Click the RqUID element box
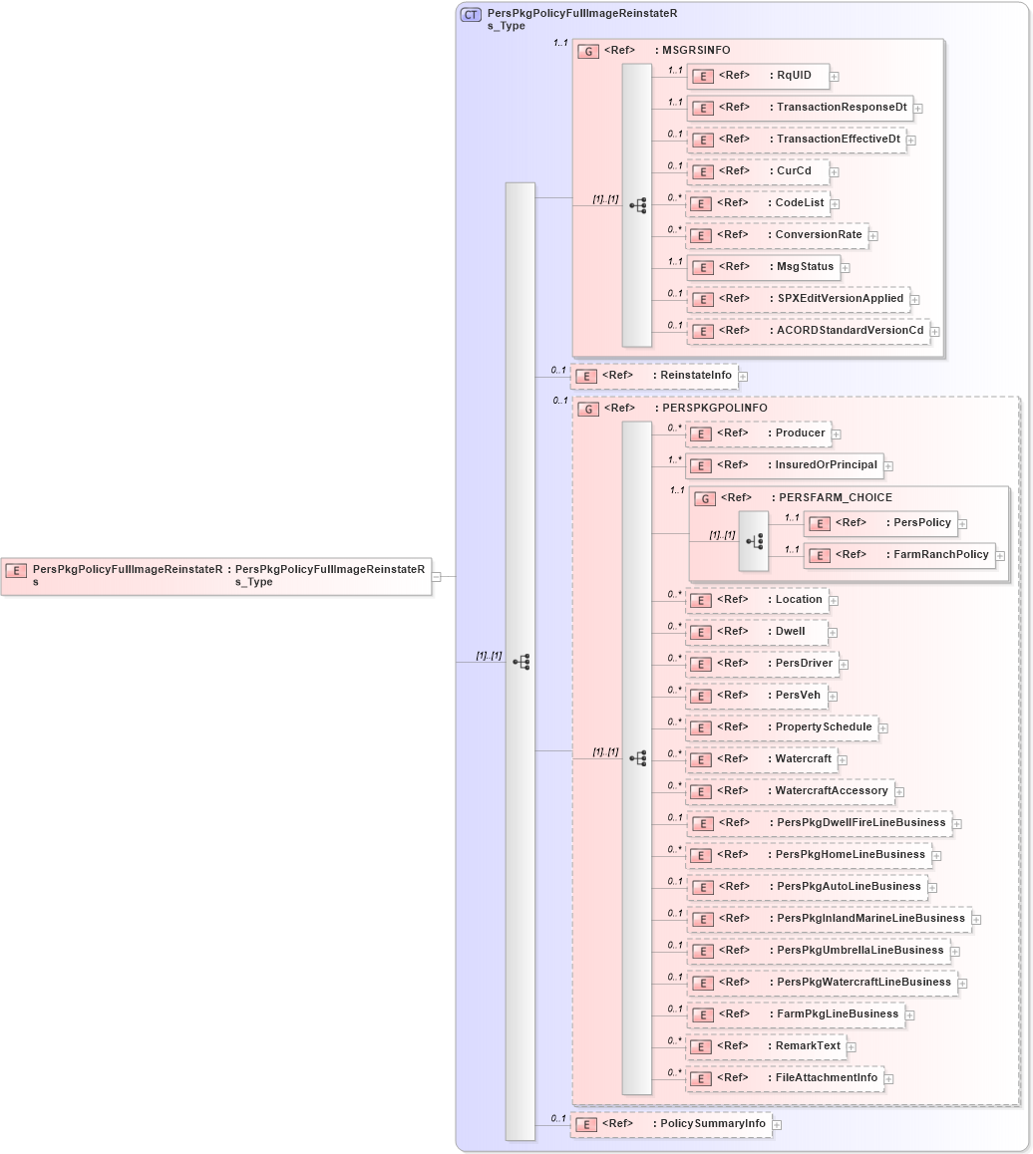coord(758,76)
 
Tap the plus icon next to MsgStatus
coord(844,267)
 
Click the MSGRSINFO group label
coord(691,50)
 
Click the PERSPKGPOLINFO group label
coord(710,409)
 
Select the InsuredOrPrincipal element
coord(784,465)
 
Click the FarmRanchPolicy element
coord(899,555)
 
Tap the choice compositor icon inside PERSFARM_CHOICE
coord(754,541)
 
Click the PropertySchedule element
coord(782,727)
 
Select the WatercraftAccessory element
coord(790,791)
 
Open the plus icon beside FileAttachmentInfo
coord(889,1078)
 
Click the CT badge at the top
coord(471,15)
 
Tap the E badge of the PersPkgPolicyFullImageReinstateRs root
coord(16,570)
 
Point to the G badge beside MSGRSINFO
coord(588,51)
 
